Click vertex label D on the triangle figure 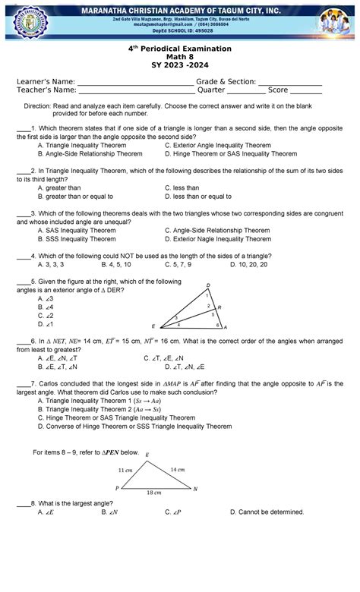208,285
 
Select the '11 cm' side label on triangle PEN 125,471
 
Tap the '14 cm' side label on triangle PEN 177,470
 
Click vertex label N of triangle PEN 196,489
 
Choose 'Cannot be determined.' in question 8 270,512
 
